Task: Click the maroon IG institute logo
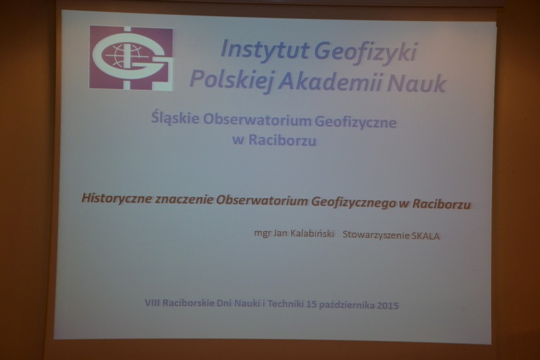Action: click(131, 58)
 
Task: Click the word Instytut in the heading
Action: click(264, 49)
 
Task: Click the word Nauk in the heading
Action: click(416, 83)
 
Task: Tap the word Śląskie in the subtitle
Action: click(175, 118)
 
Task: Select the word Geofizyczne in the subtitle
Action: click(355, 122)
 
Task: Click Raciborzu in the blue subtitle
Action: click(282, 140)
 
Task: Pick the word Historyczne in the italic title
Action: click(116, 199)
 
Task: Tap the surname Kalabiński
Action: click(313, 234)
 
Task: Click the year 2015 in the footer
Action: click(387, 305)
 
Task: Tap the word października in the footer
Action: click(347, 305)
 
